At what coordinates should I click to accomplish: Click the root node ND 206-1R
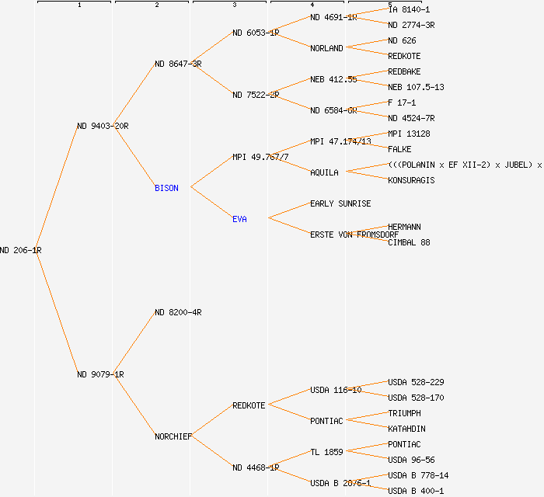21,250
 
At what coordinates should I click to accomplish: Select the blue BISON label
166,188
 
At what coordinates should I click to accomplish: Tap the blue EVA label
239,219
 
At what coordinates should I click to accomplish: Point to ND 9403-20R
103,126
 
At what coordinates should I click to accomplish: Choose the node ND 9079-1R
100,374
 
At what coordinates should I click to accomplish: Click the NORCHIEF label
173,436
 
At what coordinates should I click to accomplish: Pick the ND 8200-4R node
178,312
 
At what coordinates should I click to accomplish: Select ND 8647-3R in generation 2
178,64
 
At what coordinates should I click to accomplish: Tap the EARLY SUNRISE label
340,203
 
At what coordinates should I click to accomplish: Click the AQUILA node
324,172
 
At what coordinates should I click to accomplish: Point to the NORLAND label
326,48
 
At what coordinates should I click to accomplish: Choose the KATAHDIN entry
406,429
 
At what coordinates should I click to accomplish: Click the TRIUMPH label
404,413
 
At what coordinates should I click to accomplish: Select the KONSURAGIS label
411,180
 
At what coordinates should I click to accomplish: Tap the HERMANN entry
404,227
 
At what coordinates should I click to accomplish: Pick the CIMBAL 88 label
409,242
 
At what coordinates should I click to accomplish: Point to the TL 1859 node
326,452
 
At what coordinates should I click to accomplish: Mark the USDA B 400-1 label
416,491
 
